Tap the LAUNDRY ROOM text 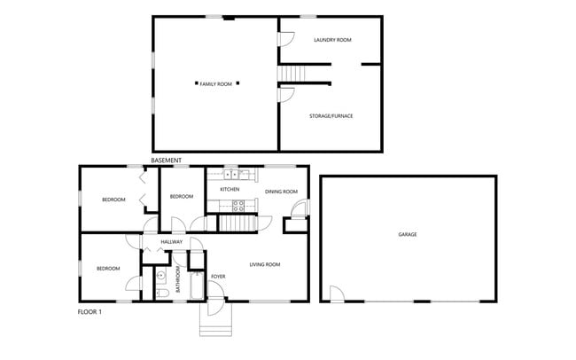tap(333, 41)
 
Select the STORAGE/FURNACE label tap(331, 115)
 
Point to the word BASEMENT tap(167, 160)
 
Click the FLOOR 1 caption tap(92, 312)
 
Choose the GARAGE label tap(408, 234)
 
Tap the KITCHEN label tap(230, 190)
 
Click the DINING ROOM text tap(281, 192)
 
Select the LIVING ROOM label tap(264, 264)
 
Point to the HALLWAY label tap(171, 242)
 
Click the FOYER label tap(217, 278)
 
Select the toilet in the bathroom tap(161, 292)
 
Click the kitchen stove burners tap(237, 205)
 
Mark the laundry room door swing tap(287, 40)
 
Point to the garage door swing tap(337, 293)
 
